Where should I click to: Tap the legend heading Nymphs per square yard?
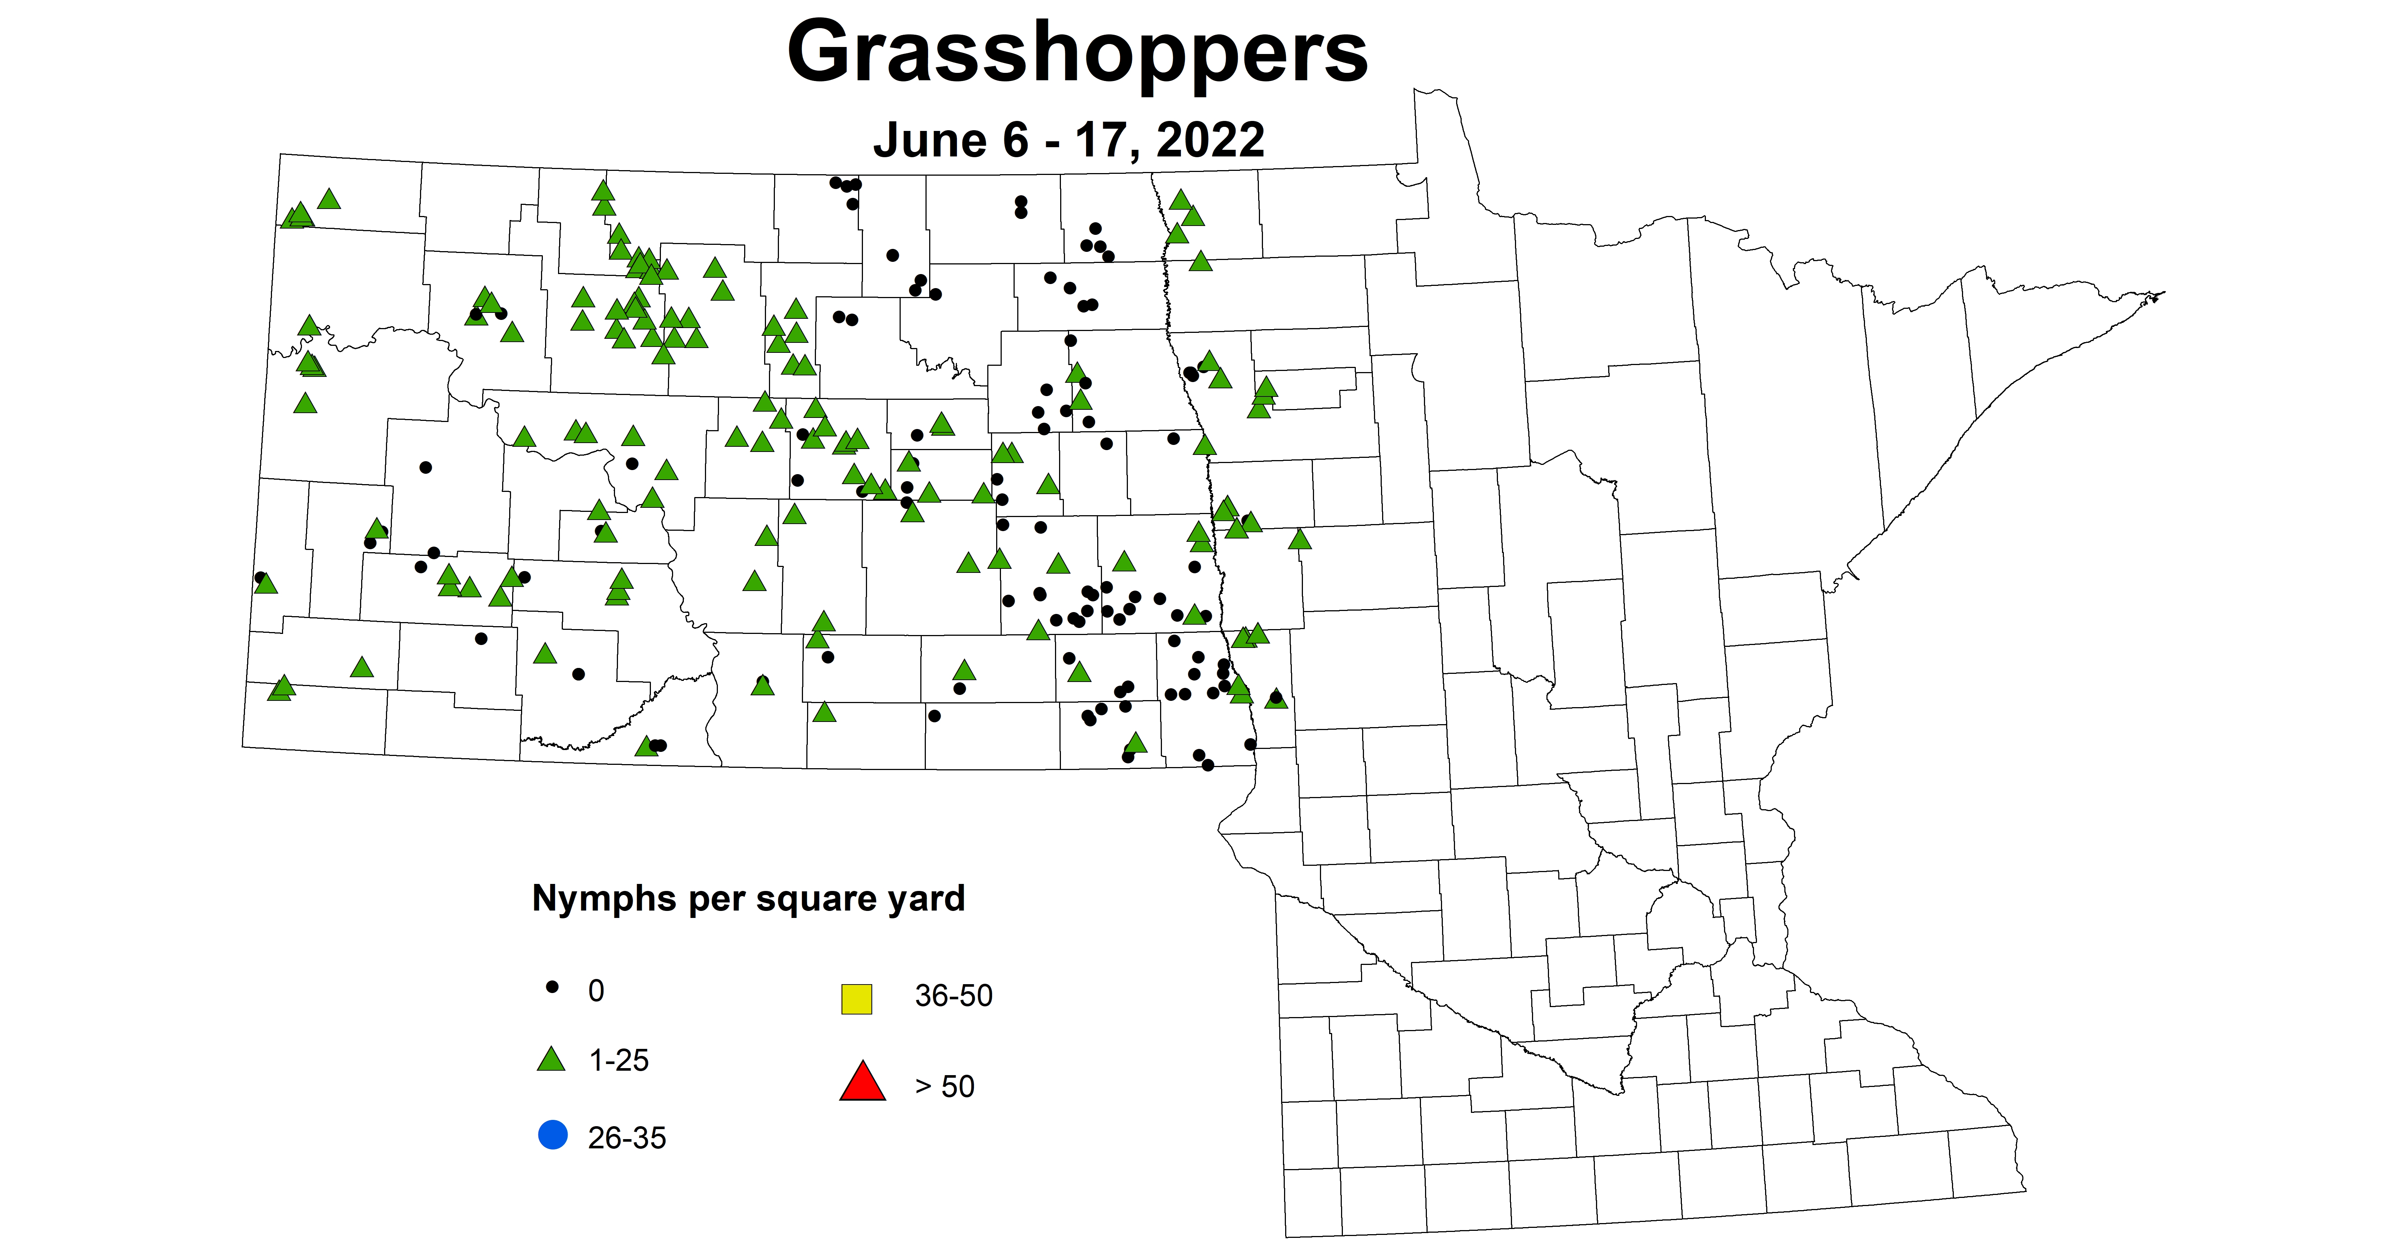[x=749, y=898]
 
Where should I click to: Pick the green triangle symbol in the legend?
[x=552, y=1060]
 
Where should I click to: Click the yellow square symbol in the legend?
[x=856, y=999]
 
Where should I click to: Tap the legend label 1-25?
[x=619, y=1061]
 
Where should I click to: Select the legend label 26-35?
[x=627, y=1138]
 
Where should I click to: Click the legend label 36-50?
[x=953, y=996]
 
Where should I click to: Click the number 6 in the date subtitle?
[x=1015, y=141]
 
